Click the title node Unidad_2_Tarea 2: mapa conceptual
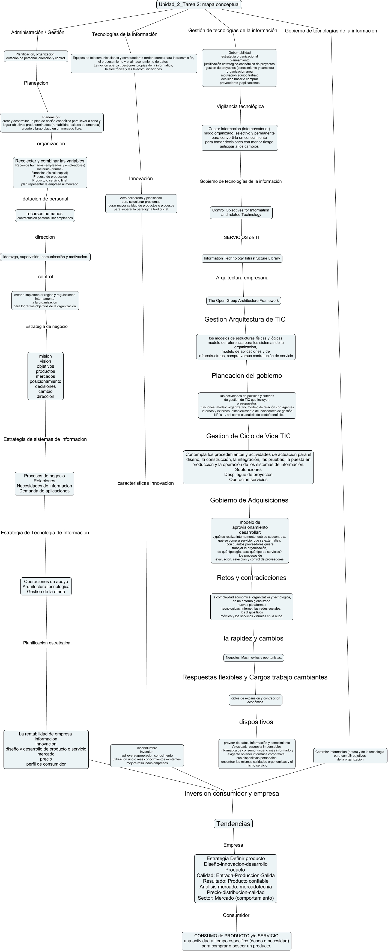[x=199, y=4]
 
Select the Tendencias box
[x=233, y=824]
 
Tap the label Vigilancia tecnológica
[x=240, y=106]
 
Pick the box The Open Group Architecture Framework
[x=243, y=300]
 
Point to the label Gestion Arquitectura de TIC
[x=245, y=319]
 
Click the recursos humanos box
[x=45, y=215]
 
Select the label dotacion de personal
[x=45, y=199]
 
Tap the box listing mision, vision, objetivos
[x=45, y=376]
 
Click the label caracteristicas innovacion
[x=145, y=483]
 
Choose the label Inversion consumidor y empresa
[x=232, y=793]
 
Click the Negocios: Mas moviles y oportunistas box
[x=254, y=657]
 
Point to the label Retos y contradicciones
[x=252, y=578]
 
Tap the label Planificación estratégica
[x=46, y=643]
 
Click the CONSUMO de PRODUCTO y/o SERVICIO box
[x=236, y=941]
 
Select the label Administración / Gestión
[x=38, y=33]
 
